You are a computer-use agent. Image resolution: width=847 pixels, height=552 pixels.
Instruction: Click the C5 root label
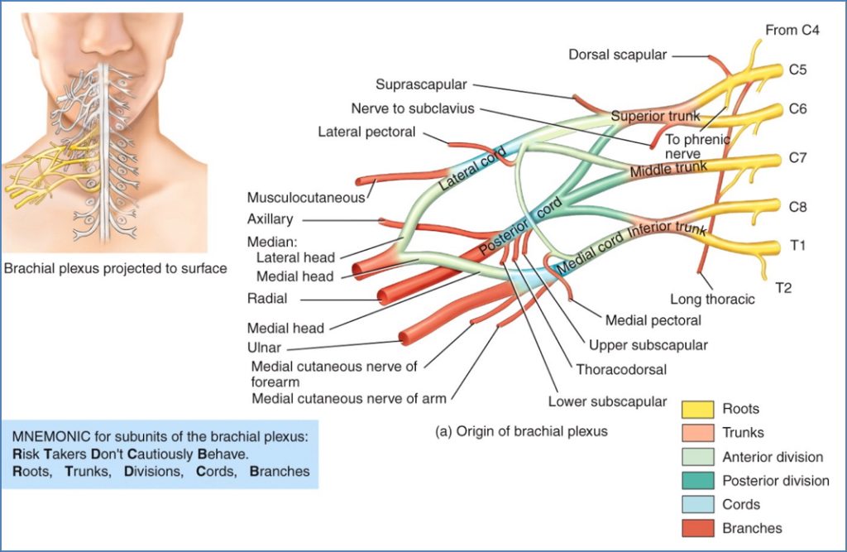click(797, 70)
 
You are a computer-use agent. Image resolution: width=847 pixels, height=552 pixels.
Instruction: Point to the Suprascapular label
click(421, 84)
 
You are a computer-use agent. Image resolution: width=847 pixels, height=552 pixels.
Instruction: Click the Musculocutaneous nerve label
click(306, 198)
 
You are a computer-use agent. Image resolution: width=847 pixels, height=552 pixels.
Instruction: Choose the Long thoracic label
click(712, 300)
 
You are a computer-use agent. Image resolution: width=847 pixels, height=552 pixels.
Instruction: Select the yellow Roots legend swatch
click(697, 409)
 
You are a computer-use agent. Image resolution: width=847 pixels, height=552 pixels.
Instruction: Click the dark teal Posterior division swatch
click(697, 481)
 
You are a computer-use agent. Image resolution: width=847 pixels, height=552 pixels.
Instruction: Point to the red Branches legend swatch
click(697, 528)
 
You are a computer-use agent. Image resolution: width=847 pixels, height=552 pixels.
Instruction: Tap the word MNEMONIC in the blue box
click(49, 437)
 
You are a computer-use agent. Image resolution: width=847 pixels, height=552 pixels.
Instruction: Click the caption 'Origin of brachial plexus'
click(521, 431)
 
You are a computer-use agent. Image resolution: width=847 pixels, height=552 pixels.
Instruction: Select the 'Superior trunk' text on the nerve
click(655, 116)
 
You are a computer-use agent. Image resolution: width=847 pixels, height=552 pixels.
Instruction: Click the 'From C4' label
click(793, 31)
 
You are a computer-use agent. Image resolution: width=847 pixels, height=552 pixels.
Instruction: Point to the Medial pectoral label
click(653, 320)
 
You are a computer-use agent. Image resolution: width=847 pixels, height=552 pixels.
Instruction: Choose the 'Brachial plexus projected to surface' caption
click(116, 269)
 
